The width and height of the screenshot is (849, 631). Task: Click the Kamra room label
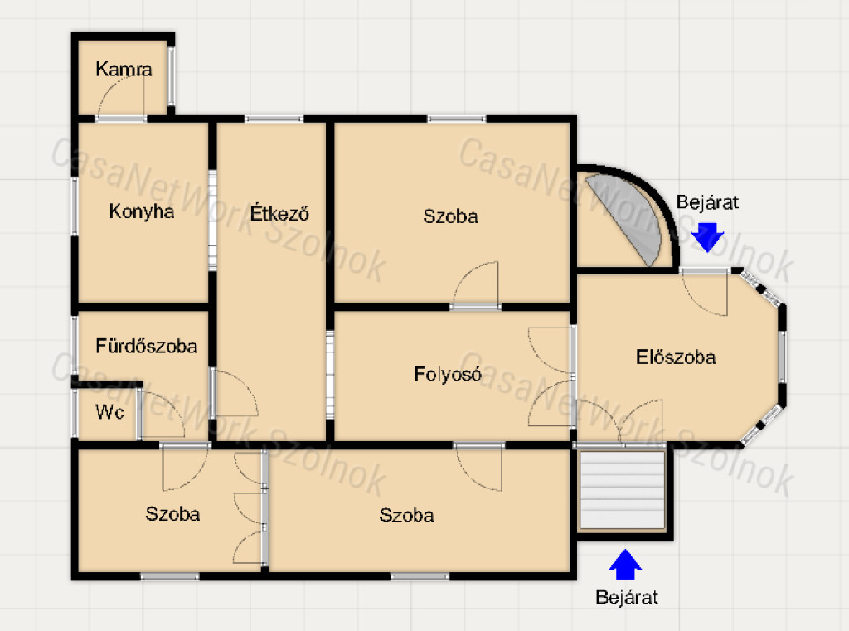[x=124, y=70]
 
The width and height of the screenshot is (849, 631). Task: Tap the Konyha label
[x=141, y=211]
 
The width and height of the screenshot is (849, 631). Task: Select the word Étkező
[x=279, y=212]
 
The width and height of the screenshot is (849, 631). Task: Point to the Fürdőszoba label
[x=146, y=346]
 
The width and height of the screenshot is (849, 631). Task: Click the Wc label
[x=109, y=412]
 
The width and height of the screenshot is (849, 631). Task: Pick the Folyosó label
[x=447, y=374]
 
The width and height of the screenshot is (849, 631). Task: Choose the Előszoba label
[x=675, y=357]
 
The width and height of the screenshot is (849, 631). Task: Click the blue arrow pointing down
[x=707, y=236]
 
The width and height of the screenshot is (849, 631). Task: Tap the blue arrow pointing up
[x=625, y=565]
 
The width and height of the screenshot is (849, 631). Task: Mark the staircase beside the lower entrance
[x=622, y=490]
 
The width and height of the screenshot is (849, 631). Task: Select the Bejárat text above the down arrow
[x=707, y=202]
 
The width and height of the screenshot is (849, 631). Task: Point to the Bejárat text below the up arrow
[x=627, y=597]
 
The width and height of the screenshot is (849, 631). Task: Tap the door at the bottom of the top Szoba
[x=475, y=284]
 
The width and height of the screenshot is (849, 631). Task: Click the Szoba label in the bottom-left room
[x=172, y=513]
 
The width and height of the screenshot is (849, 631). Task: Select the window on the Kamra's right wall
[x=171, y=76]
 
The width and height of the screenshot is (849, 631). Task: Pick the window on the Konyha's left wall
[x=75, y=206]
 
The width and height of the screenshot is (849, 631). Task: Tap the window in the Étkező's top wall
[x=274, y=119]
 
